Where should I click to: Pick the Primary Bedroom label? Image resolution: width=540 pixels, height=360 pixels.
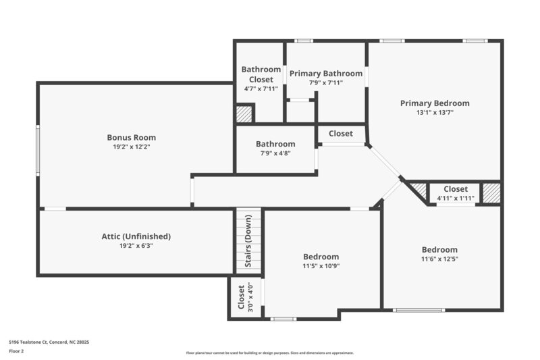[434, 103]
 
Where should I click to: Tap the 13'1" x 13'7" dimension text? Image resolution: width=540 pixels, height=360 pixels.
[434, 113]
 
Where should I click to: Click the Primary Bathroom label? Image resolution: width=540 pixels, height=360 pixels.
[325, 73]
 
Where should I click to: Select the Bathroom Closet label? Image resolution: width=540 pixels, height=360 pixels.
[261, 74]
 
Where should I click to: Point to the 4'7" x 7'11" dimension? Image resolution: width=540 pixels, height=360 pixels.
[261, 88]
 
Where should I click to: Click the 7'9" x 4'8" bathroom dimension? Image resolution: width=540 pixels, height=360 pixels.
[275, 153]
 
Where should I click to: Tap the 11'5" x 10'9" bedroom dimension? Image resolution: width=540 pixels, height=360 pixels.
[321, 266]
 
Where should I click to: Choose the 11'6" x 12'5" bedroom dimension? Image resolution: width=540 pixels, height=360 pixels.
[439, 259]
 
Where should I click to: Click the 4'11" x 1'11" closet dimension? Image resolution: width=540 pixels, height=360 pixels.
[456, 199]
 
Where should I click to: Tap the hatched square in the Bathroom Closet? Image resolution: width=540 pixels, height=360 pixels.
[244, 113]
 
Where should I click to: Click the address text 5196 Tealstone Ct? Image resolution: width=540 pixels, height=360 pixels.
[49, 342]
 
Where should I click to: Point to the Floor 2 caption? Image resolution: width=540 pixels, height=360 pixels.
[17, 351]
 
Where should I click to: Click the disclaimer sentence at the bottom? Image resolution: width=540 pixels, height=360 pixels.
[269, 353]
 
